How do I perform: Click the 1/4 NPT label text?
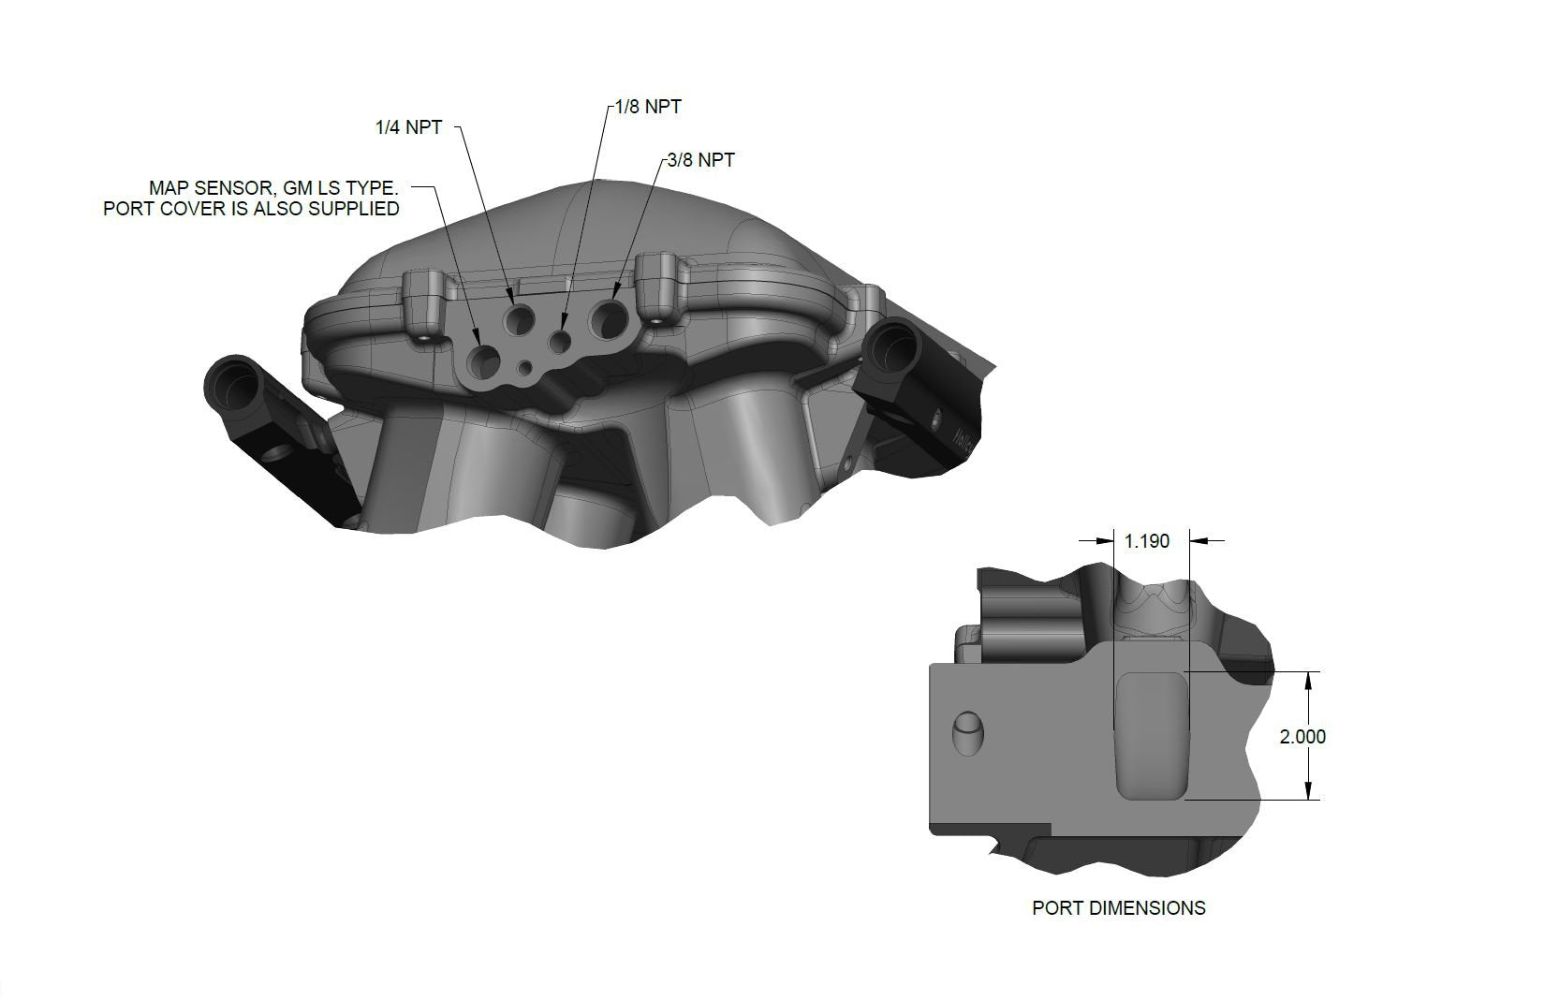coord(408,127)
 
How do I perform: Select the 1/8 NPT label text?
coord(648,107)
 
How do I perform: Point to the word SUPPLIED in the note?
coord(354,208)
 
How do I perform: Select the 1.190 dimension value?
coord(1146,541)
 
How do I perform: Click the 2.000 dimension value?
coord(1302,737)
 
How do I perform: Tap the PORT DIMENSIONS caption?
coord(1118,907)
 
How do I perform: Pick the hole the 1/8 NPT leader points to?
coord(561,342)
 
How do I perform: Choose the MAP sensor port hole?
coord(486,359)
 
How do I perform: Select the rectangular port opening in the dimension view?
coord(1150,736)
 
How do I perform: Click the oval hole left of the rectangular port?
coord(970,731)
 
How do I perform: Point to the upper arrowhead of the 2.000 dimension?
coord(1309,680)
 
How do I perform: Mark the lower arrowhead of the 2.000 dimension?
coord(1309,792)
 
